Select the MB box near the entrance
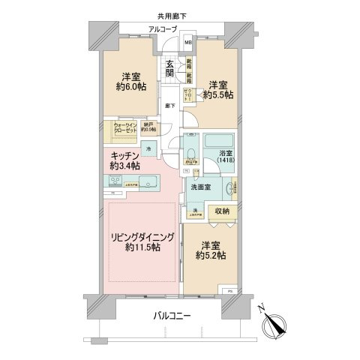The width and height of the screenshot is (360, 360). click(189, 42)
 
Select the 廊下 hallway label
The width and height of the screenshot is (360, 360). click(171, 106)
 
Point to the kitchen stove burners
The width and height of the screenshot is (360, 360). click(116, 181)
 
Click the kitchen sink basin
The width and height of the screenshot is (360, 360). click(147, 180)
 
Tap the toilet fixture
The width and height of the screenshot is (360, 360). click(193, 157)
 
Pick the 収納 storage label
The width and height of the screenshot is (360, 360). click(223, 212)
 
